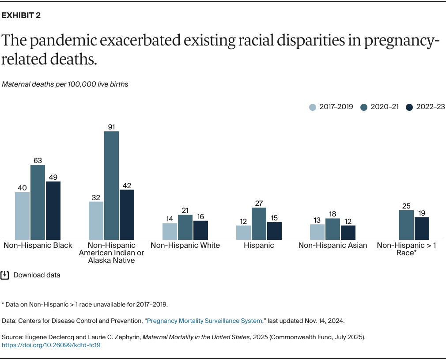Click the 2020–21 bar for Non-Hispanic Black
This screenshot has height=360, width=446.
click(x=38, y=202)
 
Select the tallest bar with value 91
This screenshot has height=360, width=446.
click(x=111, y=185)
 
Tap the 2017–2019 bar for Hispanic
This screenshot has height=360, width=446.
click(x=243, y=232)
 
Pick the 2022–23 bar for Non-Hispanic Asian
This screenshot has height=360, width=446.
click(x=348, y=232)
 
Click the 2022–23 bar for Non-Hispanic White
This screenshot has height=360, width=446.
click(x=200, y=230)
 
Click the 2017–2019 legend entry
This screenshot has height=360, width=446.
click(x=331, y=107)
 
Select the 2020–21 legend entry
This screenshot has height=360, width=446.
click(x=379, y=107)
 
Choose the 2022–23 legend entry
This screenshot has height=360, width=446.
click(x=425, y=107)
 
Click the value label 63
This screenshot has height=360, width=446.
click(x=38, y=161)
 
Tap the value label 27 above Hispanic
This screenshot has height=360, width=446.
click(x=259, y=204)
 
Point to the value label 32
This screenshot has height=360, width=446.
click(x=96, y=197)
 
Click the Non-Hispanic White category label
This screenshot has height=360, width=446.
click(x=185, y=245)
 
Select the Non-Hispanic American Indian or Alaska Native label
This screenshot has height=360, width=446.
click(x=111, y=253)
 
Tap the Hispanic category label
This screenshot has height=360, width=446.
click(x=259, y=245)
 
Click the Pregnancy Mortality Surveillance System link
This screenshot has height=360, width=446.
click(x=204, y=321)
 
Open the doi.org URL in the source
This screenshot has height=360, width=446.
click(x=51, y=345)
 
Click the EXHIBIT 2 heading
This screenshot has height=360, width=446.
click(x=21, y=15)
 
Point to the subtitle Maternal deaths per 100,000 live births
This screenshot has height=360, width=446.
click(x=65, y=84)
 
